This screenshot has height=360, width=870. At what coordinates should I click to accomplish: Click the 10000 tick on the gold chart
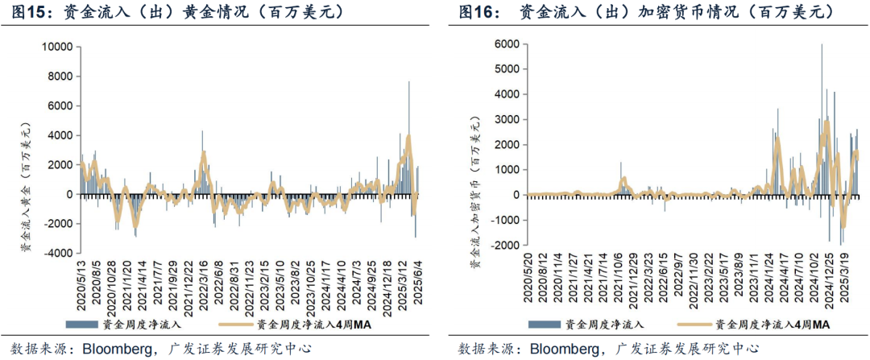pos(56,48)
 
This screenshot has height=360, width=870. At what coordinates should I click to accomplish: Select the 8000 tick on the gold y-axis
pos(59,77)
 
